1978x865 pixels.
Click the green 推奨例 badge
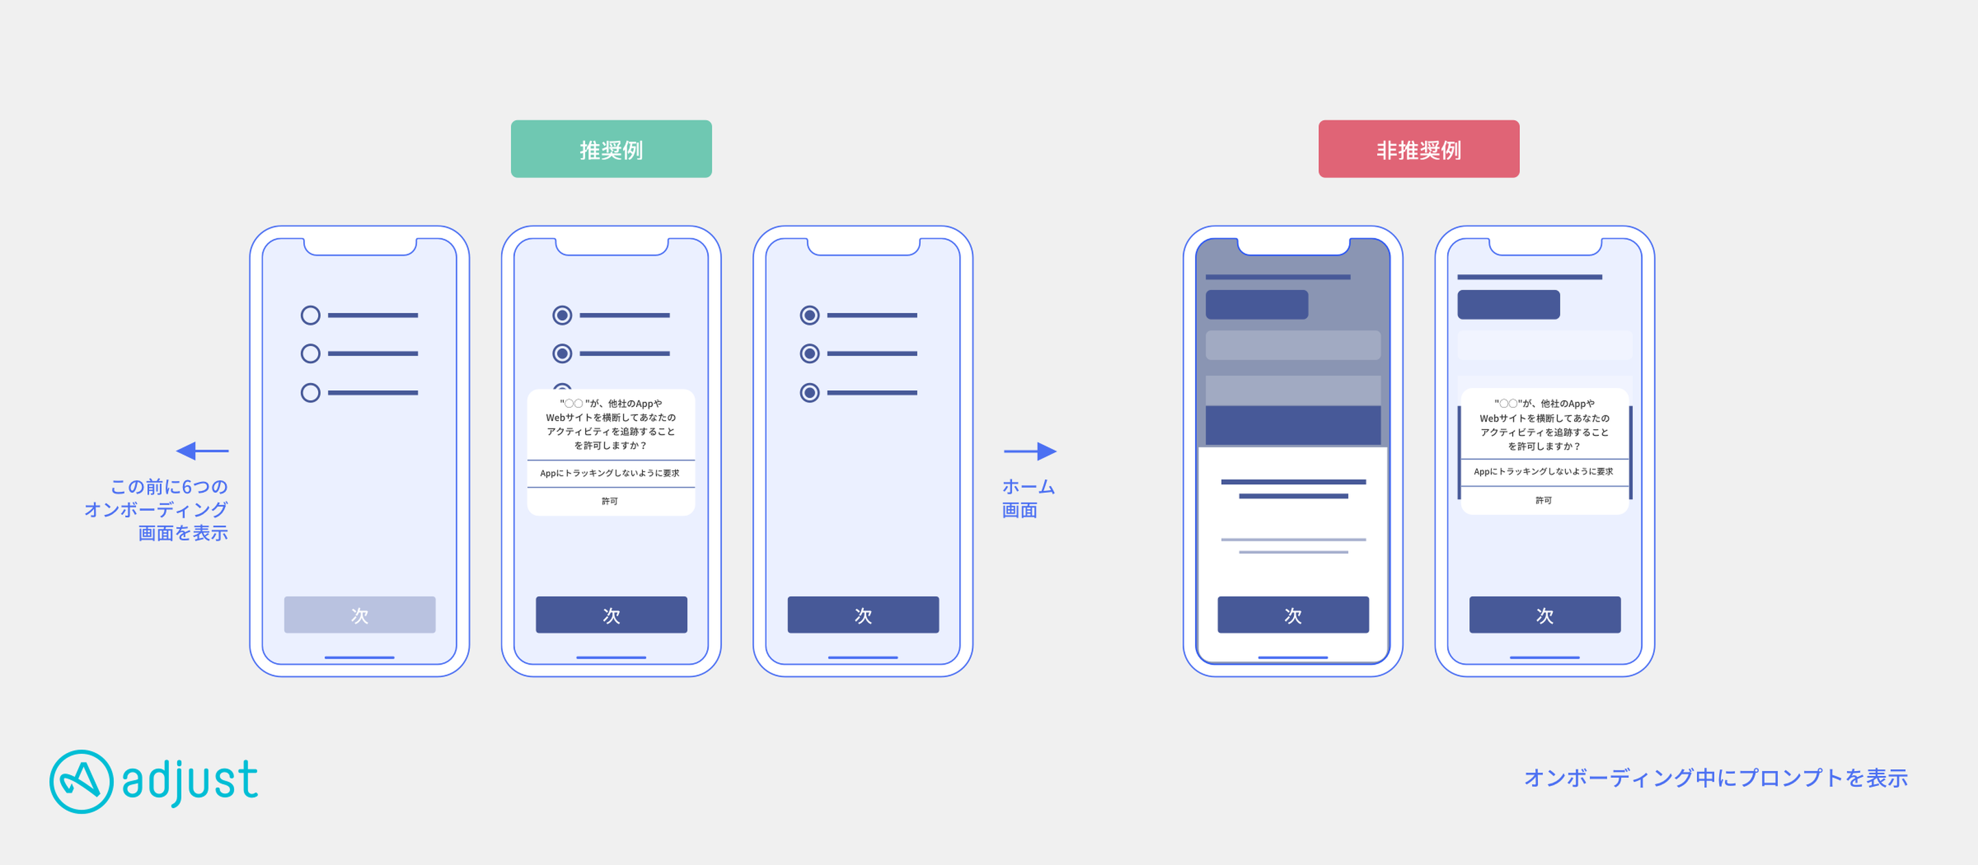click(x=611, y=149)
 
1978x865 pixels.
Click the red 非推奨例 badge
click(x=1418, y=149)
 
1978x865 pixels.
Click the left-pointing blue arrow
click(x=203, y=450)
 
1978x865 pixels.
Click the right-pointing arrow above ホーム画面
click(x=1030, y=450)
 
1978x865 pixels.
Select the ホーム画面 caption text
click(x=1028, y=498)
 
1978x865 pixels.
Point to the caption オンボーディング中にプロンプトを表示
click(x=1716, y=778)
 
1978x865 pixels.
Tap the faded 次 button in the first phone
click(x=359, y=615)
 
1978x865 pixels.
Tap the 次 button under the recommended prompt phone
click(x=611, y=615)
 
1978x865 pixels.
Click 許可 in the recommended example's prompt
click(x=610, y=501)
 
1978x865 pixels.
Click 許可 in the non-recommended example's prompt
click(x=1543, y=500)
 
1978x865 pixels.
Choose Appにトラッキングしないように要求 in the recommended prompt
click(x=610, y=474)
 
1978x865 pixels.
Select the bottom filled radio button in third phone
click(x=809, y=393)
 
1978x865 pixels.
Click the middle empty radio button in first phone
click(x=310, y=354)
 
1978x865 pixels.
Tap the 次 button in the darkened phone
click(x=1293, y=615)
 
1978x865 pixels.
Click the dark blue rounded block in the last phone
click(x=1508, y=305)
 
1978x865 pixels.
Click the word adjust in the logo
click(x=190, y=781)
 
